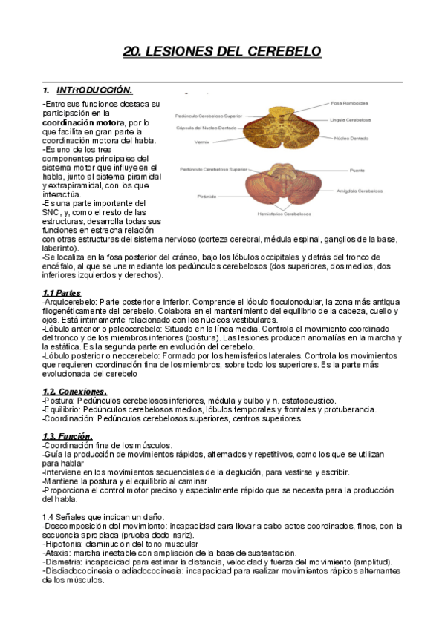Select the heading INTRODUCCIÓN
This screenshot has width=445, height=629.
94,90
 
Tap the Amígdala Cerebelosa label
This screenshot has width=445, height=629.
359,191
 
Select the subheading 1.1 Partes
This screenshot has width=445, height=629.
62,293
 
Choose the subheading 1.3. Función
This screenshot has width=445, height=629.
67,436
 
